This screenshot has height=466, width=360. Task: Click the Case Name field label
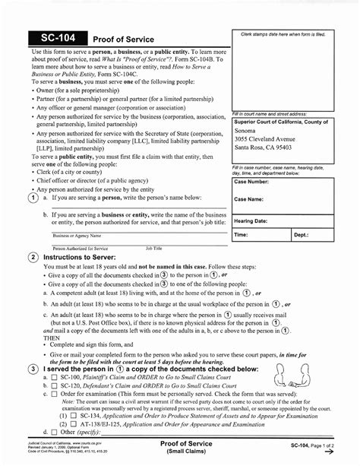(249, 199)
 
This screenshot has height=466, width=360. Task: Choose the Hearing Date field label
(251, 220)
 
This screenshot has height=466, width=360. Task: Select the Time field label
(242, 236)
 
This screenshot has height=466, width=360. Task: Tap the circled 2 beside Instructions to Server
(33, 258)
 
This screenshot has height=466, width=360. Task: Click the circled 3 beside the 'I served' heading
(33, 369)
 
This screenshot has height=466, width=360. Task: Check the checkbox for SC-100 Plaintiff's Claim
(55, 377)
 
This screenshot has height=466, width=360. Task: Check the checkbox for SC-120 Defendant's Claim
(55, 385)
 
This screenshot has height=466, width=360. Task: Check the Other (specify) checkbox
(55, 434)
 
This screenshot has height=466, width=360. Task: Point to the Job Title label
(154, 248)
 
